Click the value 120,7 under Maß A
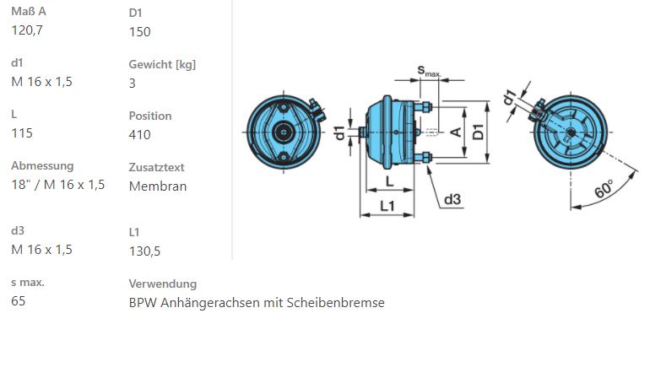pyautogui.click(x=27, y=30)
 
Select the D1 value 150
pyautogui.click(x=139, y=32)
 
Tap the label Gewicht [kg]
pyautogui.click(x=162, y=65)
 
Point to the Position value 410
pyautogui.click(x=139, y=135)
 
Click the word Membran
pyautogui.click(x=158, y=186)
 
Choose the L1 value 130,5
pyautogui.click(x=144, y=251)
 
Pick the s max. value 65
pyautogui.click(x=19, y=301)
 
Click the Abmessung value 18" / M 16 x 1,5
pyautogui.click(x=58, y=185)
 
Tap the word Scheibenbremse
pyautogui.click(x=335, y=303)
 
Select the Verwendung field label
pyautogui.click(x=163, y=283)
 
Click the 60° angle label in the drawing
pyautogui.click(x=604, y=189)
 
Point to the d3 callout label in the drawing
pyautogui.click(x=452, y=199)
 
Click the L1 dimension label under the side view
pyautogui.click(x=387, y=206)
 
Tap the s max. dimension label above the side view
pyautogui.click(x=429, y=71)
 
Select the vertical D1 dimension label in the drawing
pyautogui.click(x=478, y=132)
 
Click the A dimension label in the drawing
pyautogui.click(x=456, y=132)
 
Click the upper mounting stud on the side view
pyautogui.click(x=423, y=107)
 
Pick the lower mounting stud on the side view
pyautogui.click(x=423, y=158)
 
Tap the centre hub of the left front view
pyautogui.click(x=284, y=132)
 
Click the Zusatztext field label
pyautogui.click(x=157, y=167)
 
